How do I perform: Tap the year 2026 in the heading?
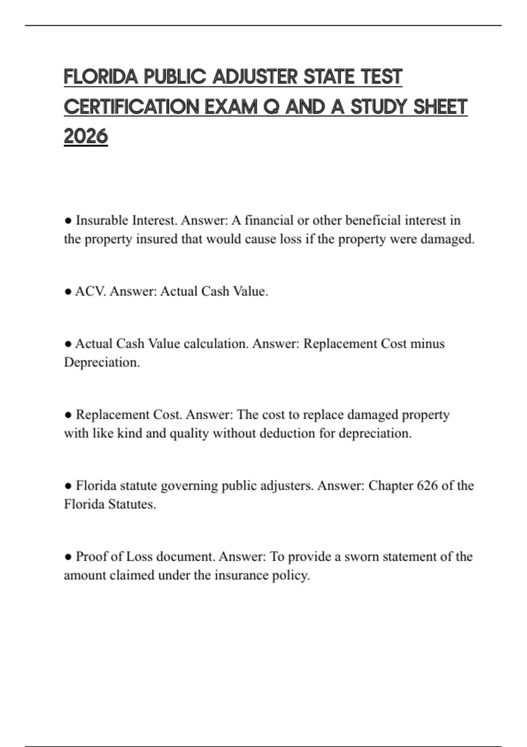coord(86,136)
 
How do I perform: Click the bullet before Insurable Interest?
coord(68,221)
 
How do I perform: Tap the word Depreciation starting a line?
coord(101,363)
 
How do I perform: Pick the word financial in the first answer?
coord(269,220)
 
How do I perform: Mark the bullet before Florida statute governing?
coord(68,486)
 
